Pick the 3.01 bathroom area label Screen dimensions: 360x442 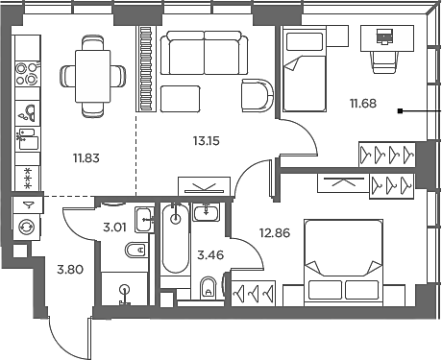(116, 228)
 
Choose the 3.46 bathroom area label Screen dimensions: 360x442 (210, 256)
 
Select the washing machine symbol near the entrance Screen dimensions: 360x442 (27, 226)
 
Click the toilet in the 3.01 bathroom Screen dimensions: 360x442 (135, 252)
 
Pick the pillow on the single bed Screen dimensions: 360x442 (302, 41)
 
